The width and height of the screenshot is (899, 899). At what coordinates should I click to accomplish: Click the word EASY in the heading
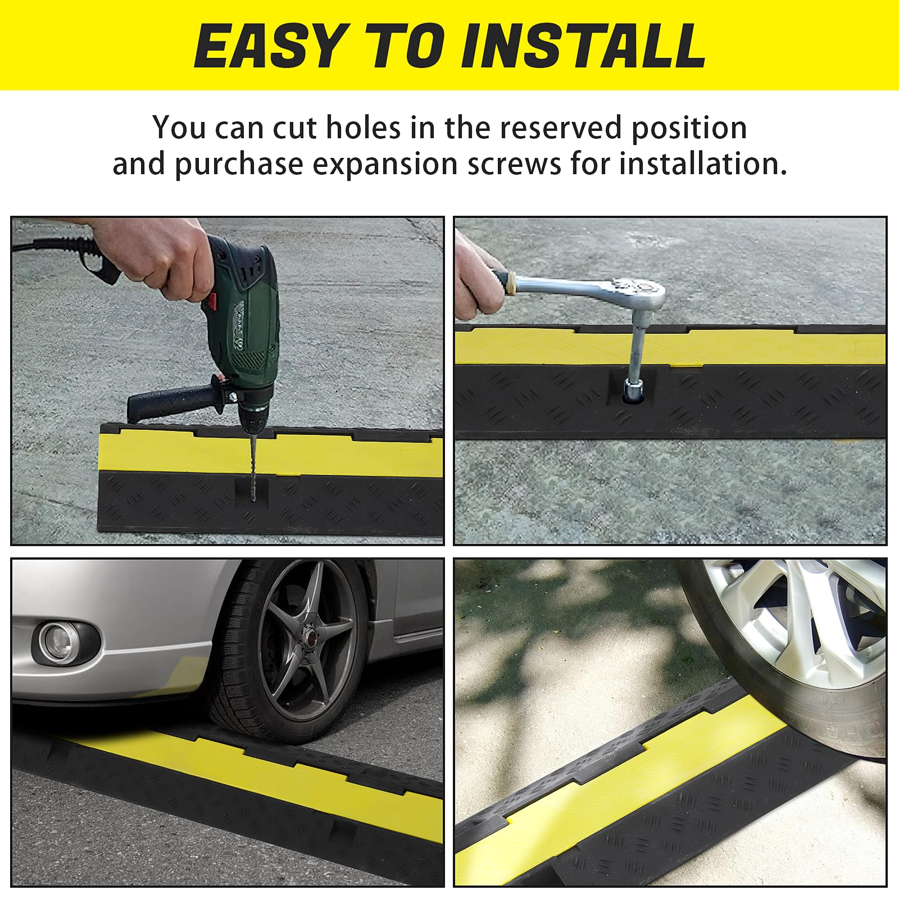coord(269,46)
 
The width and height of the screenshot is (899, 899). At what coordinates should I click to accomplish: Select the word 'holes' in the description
coord(363,128)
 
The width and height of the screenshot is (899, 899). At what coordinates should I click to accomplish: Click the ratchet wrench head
coord(641,292)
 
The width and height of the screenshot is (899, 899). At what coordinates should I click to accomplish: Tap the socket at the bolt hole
coord(634,389)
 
